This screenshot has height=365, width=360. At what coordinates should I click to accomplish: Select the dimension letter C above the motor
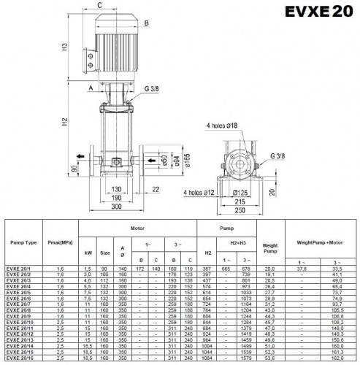tap(99, 4)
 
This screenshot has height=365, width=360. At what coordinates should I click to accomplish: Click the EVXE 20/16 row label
tap(24, 358)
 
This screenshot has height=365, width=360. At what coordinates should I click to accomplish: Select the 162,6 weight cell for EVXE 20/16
tap(337, 358)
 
